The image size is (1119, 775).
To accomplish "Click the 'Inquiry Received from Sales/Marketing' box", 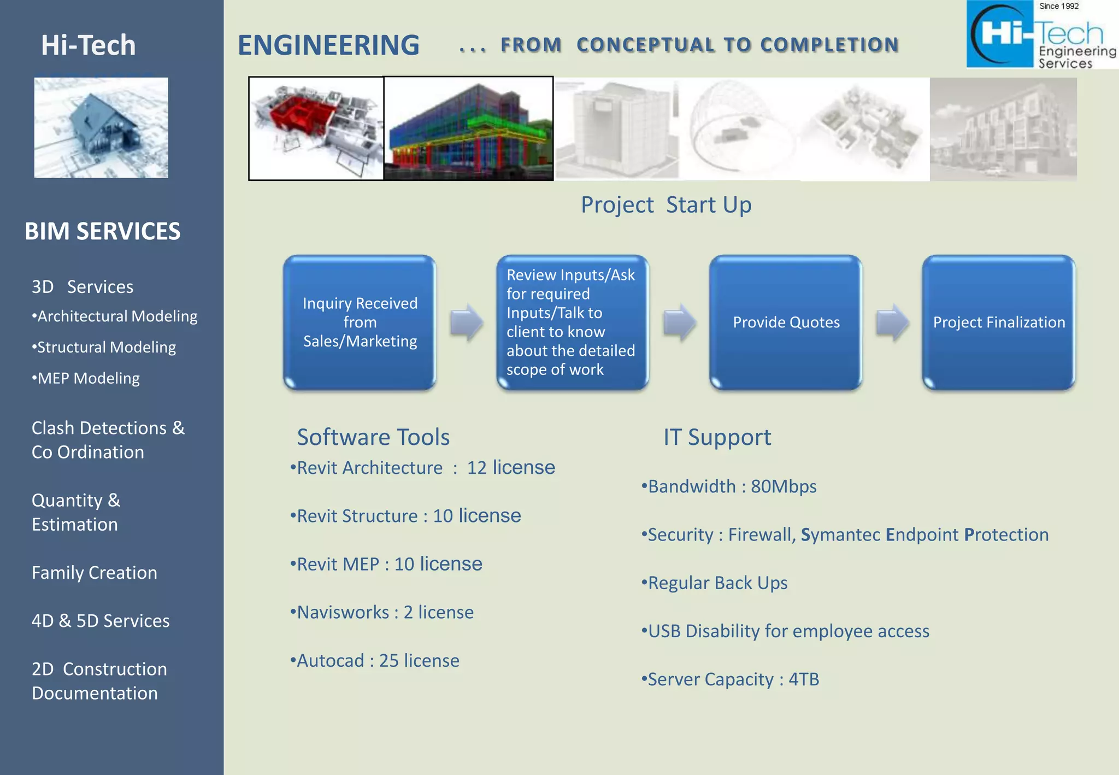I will pos(360,322).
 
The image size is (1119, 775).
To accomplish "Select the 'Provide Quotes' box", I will pos(786,322).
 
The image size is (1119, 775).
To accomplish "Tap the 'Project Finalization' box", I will pos(998,322).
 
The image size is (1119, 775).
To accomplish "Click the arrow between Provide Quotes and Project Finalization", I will pos(892,322).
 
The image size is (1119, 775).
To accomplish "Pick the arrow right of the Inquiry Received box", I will pos(466,322).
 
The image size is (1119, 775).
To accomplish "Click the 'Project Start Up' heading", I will pos(665,205).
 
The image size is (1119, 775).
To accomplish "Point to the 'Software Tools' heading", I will pos(373,437).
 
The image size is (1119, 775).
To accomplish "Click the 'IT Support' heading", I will pos(717,437).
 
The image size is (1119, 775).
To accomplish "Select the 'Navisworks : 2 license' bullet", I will pos(382,612).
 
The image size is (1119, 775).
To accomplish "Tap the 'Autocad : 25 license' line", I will pos(375,660).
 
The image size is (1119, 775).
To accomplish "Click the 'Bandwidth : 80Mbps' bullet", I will pos(730,486).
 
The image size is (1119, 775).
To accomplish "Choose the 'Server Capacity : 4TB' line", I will pos(731,679).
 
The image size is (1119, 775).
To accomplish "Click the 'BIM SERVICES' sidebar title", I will pos(102,231).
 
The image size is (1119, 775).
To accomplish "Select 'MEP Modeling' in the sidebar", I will pos(87,378).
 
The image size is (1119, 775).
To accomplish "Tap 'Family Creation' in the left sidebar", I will pos(95,573).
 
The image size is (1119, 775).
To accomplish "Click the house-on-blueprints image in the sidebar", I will pos(101,127).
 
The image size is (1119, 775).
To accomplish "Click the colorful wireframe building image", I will pos(468,128).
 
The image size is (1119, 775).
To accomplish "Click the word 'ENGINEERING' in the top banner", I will pos(328,45).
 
